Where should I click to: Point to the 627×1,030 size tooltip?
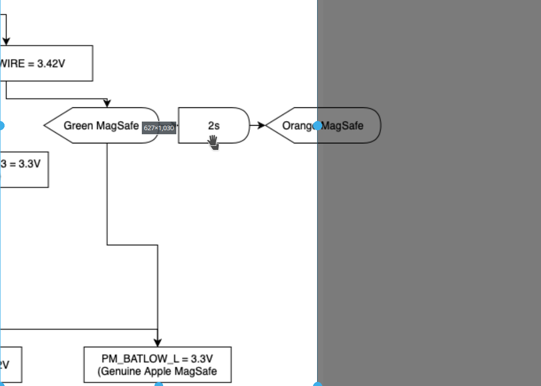[x=159, y=128]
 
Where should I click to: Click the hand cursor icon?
[x=213, y=142]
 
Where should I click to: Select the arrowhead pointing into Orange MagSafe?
[x=261, y=126]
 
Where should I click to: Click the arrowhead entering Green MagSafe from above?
[x=107, y=103]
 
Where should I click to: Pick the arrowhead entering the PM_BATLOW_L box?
[x=158, y=343]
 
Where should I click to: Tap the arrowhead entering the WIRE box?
[x=6, y=41]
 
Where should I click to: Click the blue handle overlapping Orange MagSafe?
[x=318, y=126]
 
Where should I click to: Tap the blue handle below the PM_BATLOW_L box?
[x=159, y=385]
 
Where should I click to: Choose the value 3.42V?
[x=51, y=64]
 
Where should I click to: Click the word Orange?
[x=296, y=126]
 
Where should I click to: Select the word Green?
[x=79, y=126]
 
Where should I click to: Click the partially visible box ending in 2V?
[x=11, y=365]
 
